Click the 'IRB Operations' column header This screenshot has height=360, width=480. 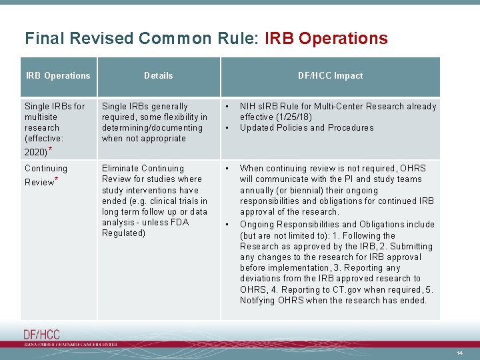58,76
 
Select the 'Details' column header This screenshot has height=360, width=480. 159,76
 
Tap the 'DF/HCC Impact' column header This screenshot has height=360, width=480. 330,76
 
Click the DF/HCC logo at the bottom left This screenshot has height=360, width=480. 41,335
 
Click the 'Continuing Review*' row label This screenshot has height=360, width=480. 46,175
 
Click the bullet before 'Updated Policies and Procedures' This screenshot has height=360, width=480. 227,127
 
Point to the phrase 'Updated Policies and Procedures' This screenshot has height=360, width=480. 307,127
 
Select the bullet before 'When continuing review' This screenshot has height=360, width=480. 227,169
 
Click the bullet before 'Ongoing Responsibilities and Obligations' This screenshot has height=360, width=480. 227,225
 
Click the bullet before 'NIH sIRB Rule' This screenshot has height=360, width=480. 227,106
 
